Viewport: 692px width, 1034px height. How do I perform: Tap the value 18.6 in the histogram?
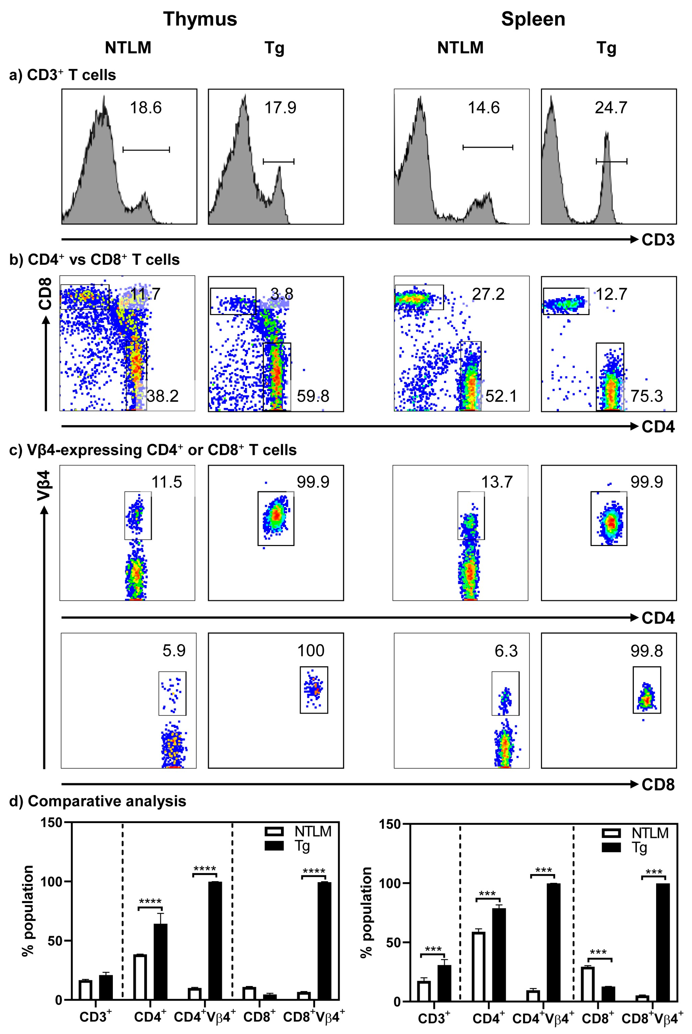point(146,108)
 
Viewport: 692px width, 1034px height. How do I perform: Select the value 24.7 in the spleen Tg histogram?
point(611,108)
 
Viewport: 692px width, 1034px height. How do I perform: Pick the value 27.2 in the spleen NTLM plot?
point(488,294)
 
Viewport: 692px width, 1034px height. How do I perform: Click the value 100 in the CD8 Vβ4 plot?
point(311,650)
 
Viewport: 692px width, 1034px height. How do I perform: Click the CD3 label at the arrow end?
point(658,240)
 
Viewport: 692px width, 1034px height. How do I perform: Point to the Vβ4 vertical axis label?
point(44,486)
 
